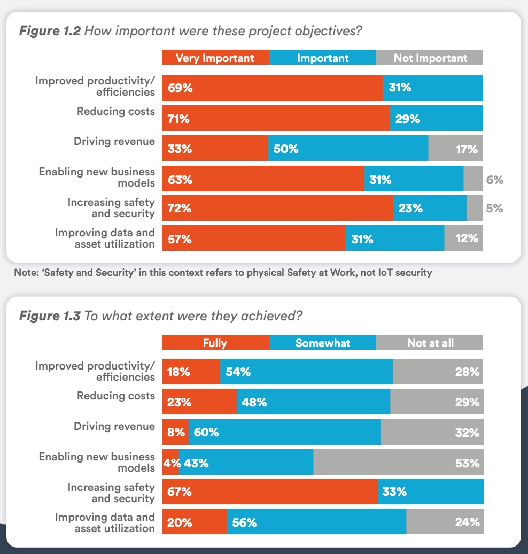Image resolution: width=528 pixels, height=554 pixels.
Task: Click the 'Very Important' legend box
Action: (x=215, y=58)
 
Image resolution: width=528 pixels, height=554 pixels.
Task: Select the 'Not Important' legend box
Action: (x=430, y=58)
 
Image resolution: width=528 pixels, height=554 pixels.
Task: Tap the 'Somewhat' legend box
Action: (x=323, y=343)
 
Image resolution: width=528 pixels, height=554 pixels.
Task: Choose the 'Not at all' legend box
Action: (x=430, y=343)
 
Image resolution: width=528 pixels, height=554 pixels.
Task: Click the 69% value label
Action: (x=180, y=88)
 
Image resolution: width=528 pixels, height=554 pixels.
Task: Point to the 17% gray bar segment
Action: (x=455, y=149)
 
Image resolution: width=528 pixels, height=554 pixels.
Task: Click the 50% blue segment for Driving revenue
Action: (x=348, y=149)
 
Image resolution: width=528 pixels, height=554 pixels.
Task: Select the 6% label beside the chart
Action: (x=494, y=180)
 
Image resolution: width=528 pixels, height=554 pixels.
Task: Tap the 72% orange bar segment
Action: (x=277, y=209)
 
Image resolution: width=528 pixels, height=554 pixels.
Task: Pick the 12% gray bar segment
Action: (x=463, y=238)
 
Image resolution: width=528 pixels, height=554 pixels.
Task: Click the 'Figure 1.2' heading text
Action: (x=50, y=31)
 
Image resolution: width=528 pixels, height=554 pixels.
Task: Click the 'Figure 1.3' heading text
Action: (x=50, y=316)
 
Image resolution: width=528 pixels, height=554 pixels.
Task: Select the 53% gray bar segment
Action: (x=398, y=463)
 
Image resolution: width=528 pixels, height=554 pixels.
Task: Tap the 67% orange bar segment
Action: (x=270, y=491)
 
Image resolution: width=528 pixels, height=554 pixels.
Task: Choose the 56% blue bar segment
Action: (x=316, y=522)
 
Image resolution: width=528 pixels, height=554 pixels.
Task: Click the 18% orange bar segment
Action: (x=191, y=372)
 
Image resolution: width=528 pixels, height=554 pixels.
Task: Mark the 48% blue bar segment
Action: (x=313, y=402)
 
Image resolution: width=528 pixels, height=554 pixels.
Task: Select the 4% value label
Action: (x=171, y=463)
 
